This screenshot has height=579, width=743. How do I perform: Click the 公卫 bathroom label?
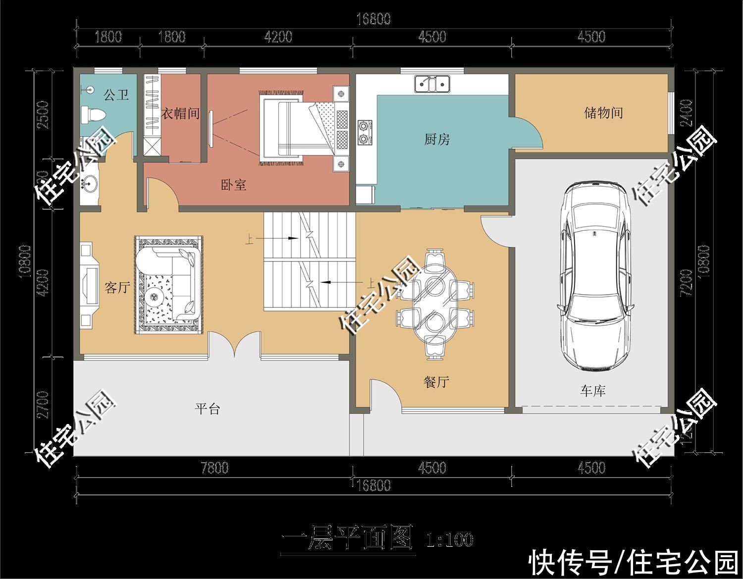[x=116, y=95]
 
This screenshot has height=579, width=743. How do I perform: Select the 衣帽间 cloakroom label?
[x=180, y=113]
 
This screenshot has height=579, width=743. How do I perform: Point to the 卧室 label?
[x=233, y=185]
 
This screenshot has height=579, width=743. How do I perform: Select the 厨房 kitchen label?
[x=436, y=139]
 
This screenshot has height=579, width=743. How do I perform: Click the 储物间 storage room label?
[x=602, y=113]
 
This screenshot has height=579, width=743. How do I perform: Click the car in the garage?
[x=593, y=275]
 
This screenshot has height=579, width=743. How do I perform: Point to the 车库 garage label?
[x=593, y=391]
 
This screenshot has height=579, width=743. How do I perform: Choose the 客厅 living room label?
[x=117, y=287]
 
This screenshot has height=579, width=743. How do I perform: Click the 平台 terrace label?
[x=207, y=409]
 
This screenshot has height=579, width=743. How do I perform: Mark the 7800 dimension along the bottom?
[x=214, y=468]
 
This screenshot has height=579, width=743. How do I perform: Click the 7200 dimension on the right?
[x=686, y=283]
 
